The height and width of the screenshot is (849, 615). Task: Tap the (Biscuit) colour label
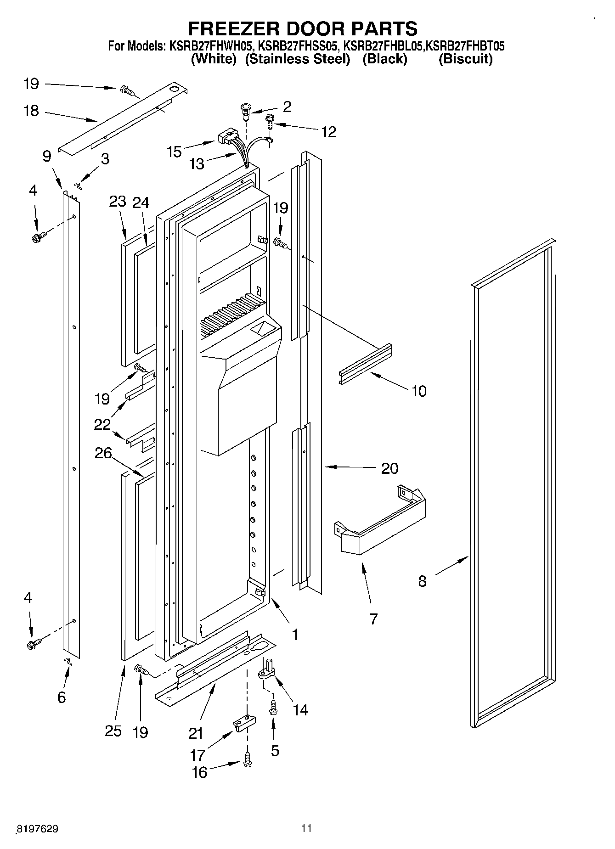(x=465, y=59)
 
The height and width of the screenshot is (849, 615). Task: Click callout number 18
(x=32, y=111)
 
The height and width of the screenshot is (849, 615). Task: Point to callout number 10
(x=419, y=391)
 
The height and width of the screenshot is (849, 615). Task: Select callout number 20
(x=389, y=468)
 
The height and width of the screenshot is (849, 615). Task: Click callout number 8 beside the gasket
(x=422, y=581)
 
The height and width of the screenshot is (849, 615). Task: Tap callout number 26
(x=103, y=453)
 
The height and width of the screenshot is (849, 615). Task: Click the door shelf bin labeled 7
(x=381, y=523)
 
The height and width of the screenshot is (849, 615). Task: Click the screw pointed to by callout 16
(x=248, y=760)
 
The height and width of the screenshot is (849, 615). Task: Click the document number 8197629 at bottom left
(x=37, y=829)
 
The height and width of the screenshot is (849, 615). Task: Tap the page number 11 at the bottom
(x=306, y=828)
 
